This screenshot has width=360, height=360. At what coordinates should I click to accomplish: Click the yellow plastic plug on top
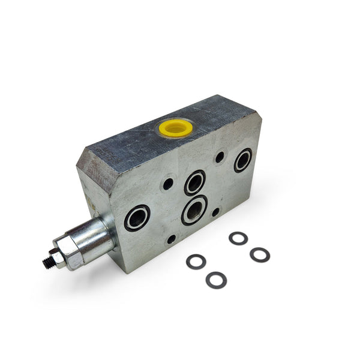tap(175, 127)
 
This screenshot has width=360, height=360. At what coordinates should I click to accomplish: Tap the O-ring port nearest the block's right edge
tap(243, 161)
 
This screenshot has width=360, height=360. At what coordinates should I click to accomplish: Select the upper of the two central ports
tap(195, 182)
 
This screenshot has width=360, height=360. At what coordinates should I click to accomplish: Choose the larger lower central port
tap(194, 210)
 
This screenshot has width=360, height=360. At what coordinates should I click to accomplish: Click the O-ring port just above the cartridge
tap(137, 218)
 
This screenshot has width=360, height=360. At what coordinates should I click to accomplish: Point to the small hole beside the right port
tap(220, 157)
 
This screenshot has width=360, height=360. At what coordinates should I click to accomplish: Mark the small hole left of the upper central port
tap(168, 184)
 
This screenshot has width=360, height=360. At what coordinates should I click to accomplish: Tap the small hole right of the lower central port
tap(215, 212)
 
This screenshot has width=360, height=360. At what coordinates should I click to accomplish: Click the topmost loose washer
tap(238, 238)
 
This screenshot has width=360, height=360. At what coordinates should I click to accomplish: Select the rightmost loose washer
tap(260, 254)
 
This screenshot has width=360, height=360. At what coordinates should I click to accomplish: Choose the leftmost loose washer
tap(196, 262)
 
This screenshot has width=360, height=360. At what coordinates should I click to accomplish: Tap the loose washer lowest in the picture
tap(216, 280)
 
